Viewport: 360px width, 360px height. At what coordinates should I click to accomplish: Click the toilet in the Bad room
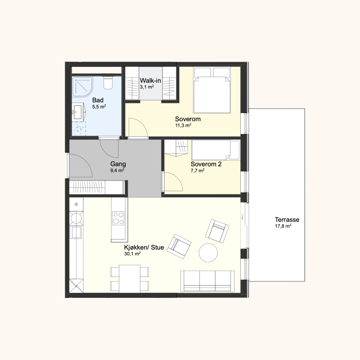(x=108, y=82)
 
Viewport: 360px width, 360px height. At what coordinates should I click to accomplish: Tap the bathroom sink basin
(x=78, y=112)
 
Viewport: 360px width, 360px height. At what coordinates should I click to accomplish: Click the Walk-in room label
(x=150, y=81)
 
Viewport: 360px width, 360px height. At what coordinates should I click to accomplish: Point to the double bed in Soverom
(x=211, y=90)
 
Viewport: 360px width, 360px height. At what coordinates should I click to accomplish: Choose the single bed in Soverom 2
(x=216, y=150)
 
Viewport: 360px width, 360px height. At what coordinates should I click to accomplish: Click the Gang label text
(x=118, y=164)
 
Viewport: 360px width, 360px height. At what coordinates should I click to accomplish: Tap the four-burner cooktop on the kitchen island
(x=118, y=218)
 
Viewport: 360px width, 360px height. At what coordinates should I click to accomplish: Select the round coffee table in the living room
(x=208, y=252)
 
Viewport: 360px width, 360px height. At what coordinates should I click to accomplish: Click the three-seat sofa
(x=207, y=281)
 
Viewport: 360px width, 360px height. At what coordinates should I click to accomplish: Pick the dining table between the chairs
(x=130, y=279)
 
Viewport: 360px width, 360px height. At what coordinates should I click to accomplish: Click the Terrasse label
(x=287, y=220)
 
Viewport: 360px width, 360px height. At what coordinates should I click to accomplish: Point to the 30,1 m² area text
(x=132, y=254)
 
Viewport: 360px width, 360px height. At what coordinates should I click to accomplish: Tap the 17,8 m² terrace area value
(x=283, y=226)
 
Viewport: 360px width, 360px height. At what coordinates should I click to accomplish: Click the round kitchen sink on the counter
(x=76, y=218)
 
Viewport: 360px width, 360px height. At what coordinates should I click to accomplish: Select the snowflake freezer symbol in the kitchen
(x=76, y=204)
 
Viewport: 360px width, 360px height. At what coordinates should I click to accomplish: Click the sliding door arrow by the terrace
(x=243, y=217)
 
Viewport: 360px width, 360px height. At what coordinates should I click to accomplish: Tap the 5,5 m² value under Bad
(x=99, y=107)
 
